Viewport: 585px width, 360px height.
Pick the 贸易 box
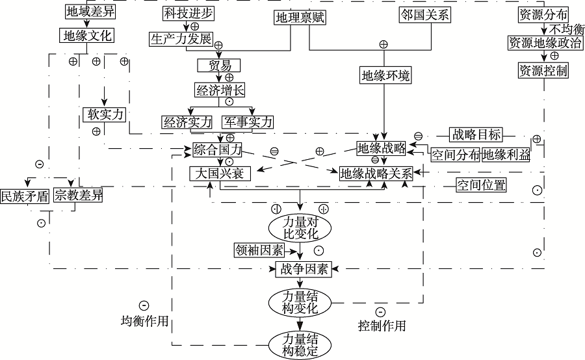click(x=218, y=66)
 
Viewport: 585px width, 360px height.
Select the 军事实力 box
click(x=248, y=122)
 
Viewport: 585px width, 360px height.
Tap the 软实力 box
click(x=104, y=113)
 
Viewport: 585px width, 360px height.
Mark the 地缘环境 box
click(x=386, y=75)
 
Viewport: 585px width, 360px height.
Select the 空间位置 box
click(x=480, y=185)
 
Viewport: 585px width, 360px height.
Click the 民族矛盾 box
click(x=24, y=196)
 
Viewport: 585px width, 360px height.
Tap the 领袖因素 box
click(x=259, y=250)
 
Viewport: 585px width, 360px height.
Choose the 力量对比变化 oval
click(x=300, y=227)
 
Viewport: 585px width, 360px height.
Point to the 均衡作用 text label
click(x=144, y=321)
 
